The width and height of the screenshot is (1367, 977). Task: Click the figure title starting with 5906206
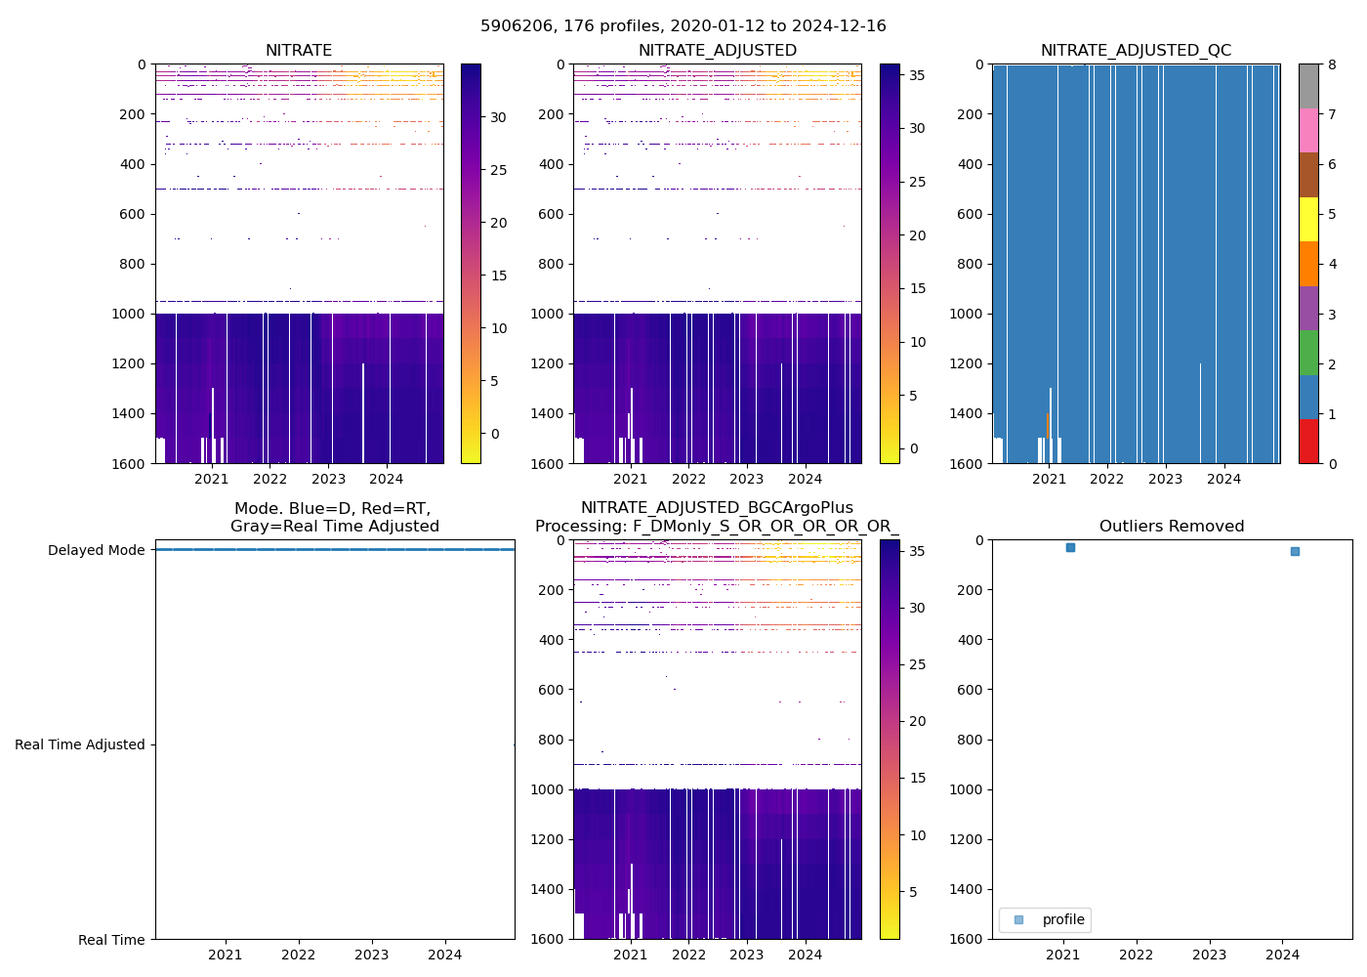click(683, 26)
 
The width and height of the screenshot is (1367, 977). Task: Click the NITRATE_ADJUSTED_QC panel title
click(1136, 51)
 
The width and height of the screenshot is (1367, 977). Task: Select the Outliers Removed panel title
click(1172, 527)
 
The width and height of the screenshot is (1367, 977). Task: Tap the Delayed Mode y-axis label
click(96, 550)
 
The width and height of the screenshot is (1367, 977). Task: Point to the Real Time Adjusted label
click(80, 744)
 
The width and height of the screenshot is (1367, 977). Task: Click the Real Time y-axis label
click(111, 940)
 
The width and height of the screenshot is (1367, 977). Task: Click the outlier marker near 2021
click(1070, 548)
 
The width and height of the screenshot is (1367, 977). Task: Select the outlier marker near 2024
click(1295, 552)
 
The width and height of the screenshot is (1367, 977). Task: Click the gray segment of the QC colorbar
click(1308, 86)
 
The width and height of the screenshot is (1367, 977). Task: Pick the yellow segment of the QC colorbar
click(1308, 220)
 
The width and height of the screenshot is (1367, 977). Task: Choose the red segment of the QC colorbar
click(1308, 442)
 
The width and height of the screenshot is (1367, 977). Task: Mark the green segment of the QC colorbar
click(1308, 353)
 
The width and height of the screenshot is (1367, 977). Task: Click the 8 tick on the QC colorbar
click(1332, 65)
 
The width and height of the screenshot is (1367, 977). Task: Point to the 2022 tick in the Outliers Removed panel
click(1136, 955)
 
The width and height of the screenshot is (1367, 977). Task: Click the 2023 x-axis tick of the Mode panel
click(372, 955)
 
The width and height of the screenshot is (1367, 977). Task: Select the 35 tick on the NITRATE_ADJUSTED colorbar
click(917, 75)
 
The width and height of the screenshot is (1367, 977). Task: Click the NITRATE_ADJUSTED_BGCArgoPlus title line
click(717, 508)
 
